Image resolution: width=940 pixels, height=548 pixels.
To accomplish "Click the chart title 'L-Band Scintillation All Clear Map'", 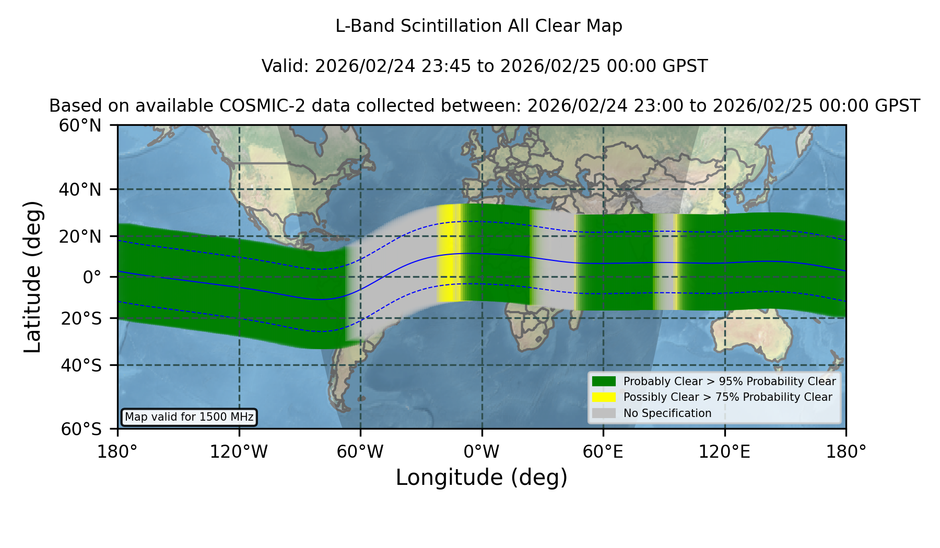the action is click(479, 26).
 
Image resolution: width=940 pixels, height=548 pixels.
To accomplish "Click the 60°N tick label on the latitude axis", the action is click(80, 125).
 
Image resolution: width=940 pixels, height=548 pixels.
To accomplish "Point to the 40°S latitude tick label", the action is click(81, 365).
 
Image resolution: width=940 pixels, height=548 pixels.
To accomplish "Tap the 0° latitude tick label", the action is click(92, 277).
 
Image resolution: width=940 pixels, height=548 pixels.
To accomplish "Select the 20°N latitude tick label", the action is click(80, 236).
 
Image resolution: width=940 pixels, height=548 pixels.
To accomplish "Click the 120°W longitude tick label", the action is click(239, 451).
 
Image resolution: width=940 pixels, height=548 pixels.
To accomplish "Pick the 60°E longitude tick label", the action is click(603, 451).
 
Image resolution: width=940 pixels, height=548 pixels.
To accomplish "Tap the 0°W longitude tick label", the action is click(482, 451).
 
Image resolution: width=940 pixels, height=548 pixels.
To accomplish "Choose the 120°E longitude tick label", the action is click(724, 451).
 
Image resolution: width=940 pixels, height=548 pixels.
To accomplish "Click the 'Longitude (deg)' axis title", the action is click(481, 478).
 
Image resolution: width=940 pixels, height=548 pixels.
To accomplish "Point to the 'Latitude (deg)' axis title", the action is click(32, 277).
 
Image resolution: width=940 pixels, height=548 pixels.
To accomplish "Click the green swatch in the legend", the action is click(604, 382).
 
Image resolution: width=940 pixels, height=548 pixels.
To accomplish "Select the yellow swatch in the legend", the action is click(604, 397).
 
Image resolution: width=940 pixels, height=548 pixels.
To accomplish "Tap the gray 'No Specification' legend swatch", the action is click(604, 413).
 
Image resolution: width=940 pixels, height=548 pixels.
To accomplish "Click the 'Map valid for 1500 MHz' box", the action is click(189, 417).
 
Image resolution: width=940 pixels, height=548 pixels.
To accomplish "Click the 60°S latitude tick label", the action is click(81, 429).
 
